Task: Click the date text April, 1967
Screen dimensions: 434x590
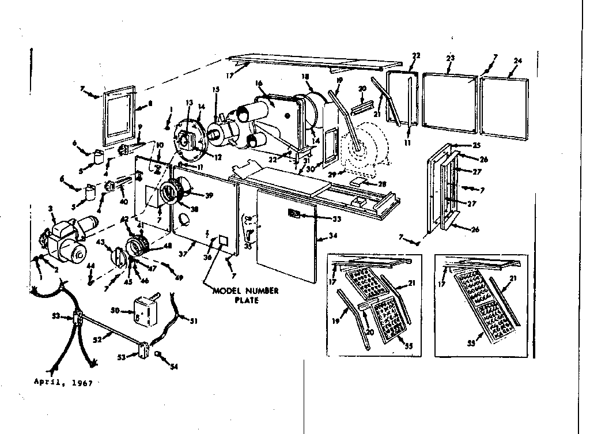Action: (63, 382)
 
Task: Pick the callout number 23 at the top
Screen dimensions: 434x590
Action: (451, 58)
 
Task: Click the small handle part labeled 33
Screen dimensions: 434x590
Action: (293, 214)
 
